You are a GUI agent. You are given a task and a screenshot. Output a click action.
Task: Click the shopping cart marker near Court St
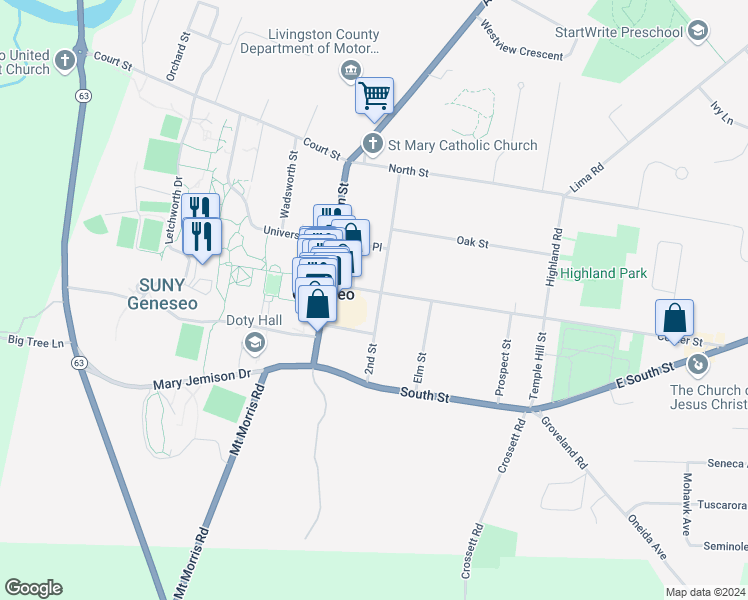click(374, 97)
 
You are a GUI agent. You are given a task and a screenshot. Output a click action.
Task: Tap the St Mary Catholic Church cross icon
click(373, 145)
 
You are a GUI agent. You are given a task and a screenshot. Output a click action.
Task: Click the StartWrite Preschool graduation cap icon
click(698, 32)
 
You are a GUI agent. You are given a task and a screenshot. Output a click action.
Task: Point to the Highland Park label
click(603, 273)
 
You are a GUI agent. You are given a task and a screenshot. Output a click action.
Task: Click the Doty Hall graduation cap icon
click(254, 344)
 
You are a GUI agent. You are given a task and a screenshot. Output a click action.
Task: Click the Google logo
click(33, 588)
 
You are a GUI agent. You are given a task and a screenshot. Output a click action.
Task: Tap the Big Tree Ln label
click(35, 341)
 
